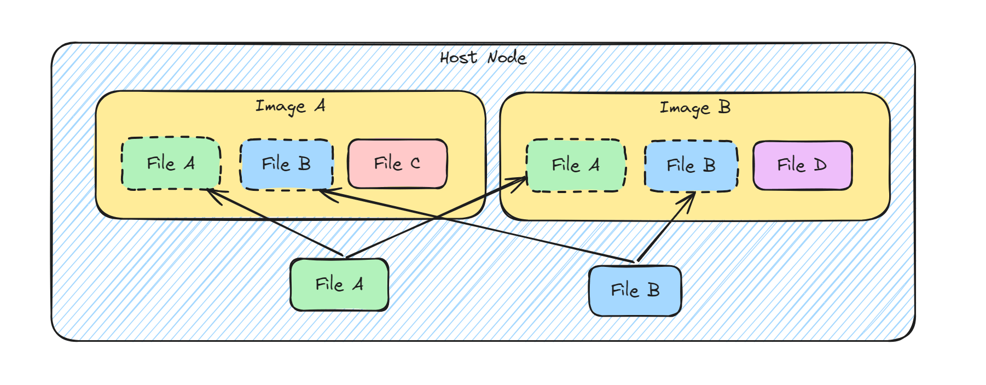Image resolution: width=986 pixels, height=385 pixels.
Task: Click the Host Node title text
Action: tap(483, 57)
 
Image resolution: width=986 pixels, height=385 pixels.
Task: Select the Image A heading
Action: tap(291, 106)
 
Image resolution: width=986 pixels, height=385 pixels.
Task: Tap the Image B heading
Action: tap(695, 108)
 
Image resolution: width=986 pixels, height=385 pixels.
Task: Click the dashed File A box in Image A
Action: tap(171, 164)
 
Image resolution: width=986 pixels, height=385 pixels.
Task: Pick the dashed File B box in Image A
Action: tap(286, 164)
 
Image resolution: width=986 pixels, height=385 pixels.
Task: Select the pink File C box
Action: tap(397, 164)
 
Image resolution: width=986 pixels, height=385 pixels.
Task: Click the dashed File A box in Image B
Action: tap(576, 165)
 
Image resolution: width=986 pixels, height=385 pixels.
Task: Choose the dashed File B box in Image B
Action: tap(691, 166)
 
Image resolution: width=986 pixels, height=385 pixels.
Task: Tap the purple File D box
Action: tap(802, 165)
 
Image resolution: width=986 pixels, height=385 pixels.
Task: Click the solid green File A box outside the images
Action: tap(339, 284)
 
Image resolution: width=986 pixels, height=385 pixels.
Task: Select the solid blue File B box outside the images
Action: tap(635, 290)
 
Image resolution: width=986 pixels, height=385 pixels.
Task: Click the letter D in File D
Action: tap(820, 165)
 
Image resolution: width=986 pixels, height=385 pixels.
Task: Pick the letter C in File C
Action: tap(415, 164)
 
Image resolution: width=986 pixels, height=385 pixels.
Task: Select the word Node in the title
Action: tap(507, 57)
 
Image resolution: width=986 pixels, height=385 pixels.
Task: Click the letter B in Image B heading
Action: tap(724, 107)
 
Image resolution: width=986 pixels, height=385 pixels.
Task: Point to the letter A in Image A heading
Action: tap(320, 105)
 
